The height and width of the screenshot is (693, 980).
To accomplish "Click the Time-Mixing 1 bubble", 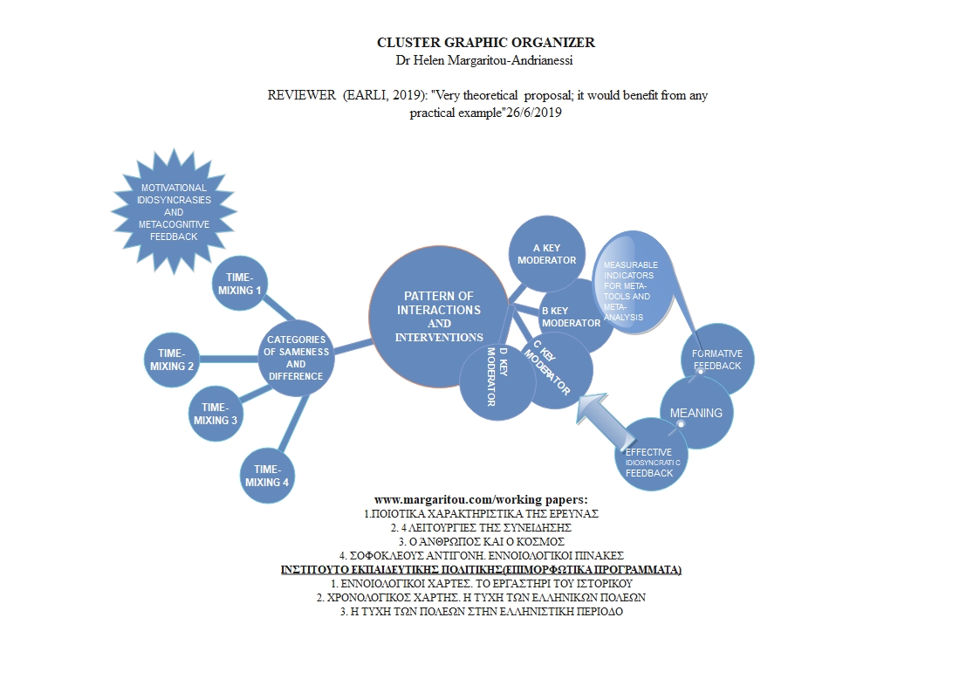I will click(240, 284).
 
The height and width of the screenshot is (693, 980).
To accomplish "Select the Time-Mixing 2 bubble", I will click(172, 360).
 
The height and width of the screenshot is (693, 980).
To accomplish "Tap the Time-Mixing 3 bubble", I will click(216, 413).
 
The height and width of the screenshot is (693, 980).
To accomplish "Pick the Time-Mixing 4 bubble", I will click(267, 476).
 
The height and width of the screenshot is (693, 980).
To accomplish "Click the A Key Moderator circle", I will click(547, 254).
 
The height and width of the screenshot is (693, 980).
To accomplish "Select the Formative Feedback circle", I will click(716, 360).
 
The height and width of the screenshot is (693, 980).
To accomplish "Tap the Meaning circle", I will click(696, 413).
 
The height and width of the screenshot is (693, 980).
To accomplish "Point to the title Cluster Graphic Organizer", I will click(485, 42).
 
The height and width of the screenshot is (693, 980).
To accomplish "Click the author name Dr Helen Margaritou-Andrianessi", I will click(485, 59).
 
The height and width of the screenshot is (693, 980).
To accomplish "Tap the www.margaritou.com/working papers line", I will click(481, 499).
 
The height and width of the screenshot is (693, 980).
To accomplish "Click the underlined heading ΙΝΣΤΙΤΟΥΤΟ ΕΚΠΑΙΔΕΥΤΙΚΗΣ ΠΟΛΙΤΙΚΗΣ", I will click(481, 569).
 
